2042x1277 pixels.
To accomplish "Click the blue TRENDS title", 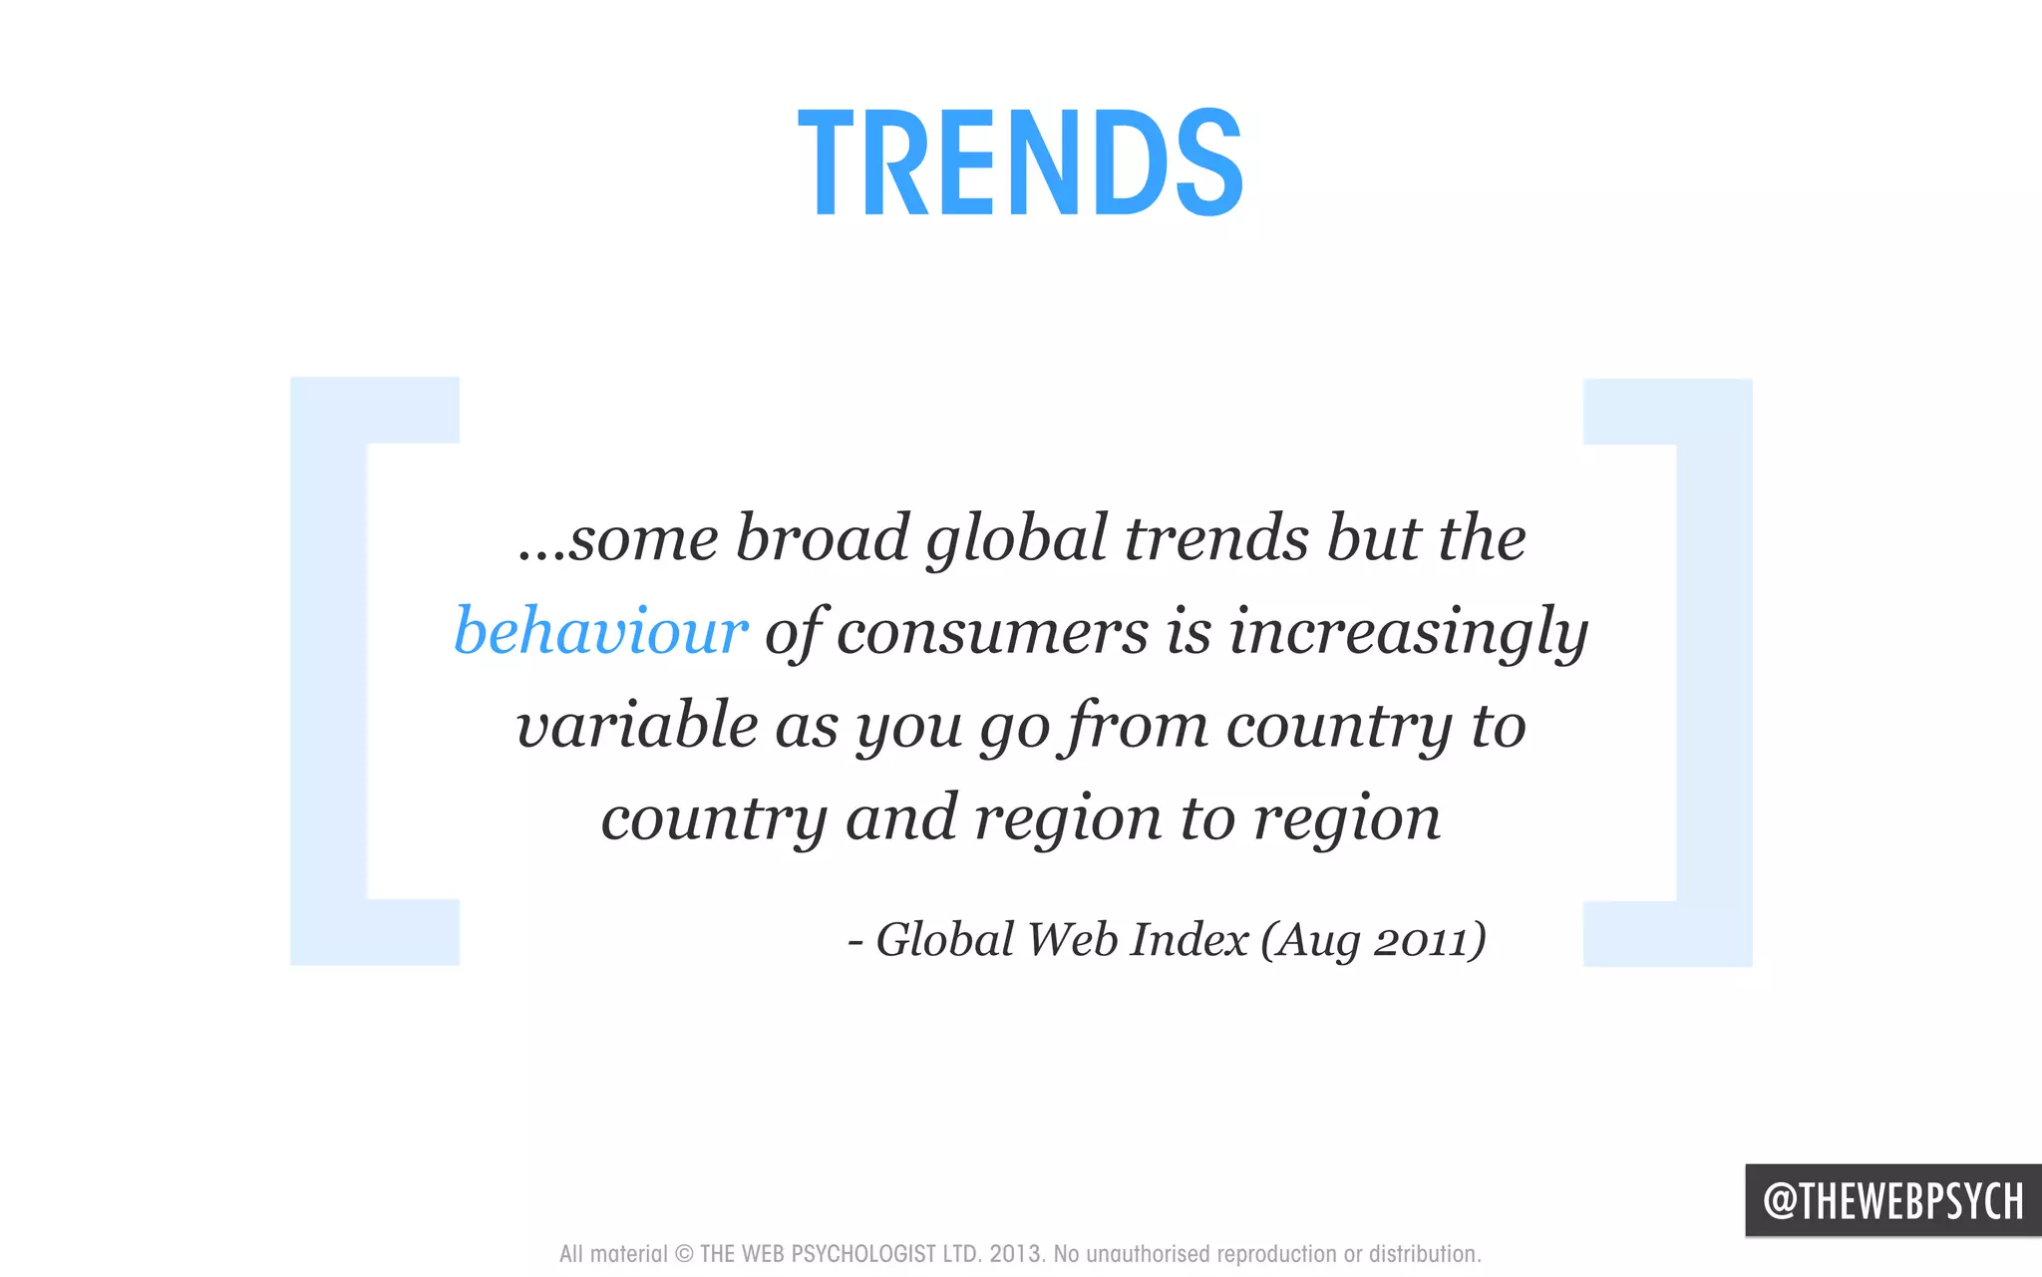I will pos(1021,162).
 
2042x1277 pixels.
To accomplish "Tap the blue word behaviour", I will pos(600,631).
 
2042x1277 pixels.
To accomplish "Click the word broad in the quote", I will pos(823,538).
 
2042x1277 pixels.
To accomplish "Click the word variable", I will pos(636,726).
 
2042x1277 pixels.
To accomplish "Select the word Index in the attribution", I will pos(1190,940).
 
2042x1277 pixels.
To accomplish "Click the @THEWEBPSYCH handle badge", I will pos(1892,1200).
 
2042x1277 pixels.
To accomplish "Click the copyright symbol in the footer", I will pos(684,1254).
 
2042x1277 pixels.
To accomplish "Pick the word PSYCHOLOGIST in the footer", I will pos(863,1254).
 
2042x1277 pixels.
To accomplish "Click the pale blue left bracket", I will pos(329,671).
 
